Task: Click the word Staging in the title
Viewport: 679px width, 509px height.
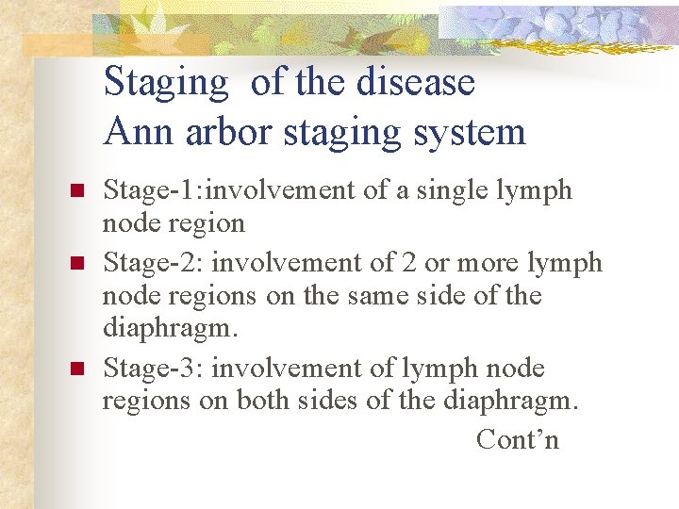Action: click(x=166, y=84)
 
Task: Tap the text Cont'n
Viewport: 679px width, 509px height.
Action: click(x=518, y=439)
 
